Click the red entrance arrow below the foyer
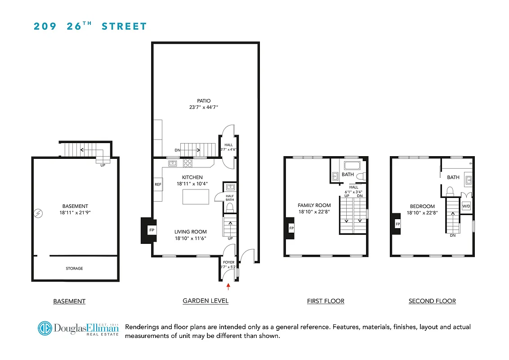[228, 285]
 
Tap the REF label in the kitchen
[158, 184]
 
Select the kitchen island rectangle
[196, 197]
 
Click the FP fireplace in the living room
[151, 230]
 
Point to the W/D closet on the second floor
[466, 206]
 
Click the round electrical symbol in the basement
[38, 212]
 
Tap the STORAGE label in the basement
[74, 269]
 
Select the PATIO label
[204, 101]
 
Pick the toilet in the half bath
[229, 207]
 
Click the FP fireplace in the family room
[291, 229]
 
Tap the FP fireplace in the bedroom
[397, 224]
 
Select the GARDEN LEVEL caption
[205, 301]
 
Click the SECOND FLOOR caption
[432, 301]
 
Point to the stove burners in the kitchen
[188, 163]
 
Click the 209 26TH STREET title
[90, 26]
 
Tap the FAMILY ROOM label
[314, 205]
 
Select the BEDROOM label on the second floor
[422, 206]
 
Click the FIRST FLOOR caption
[325, 301]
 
